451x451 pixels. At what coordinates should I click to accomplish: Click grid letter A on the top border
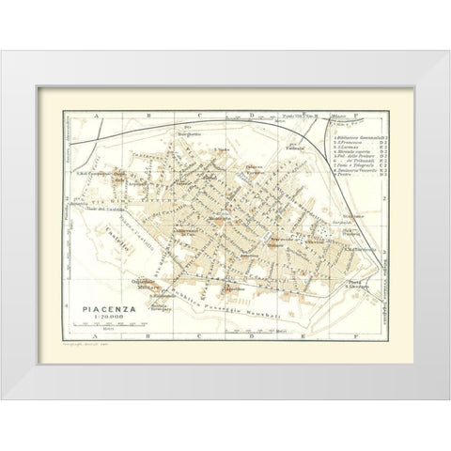coord(95,117)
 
